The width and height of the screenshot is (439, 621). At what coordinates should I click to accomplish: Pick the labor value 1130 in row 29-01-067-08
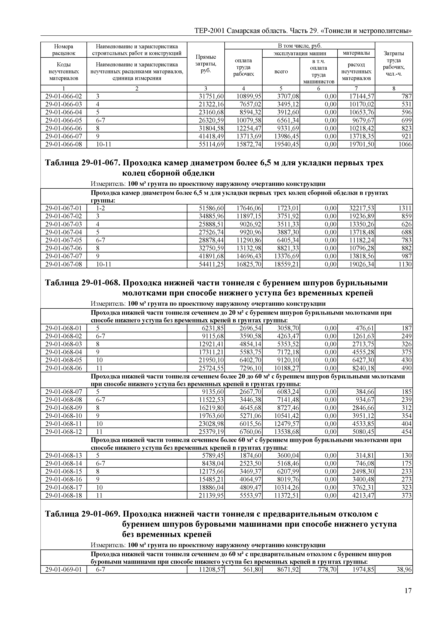(x=405, y=264)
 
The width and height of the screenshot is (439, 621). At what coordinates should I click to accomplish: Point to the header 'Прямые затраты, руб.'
(x=206, y=64)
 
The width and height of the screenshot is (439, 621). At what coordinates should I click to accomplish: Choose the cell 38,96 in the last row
(x=404, y=570)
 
